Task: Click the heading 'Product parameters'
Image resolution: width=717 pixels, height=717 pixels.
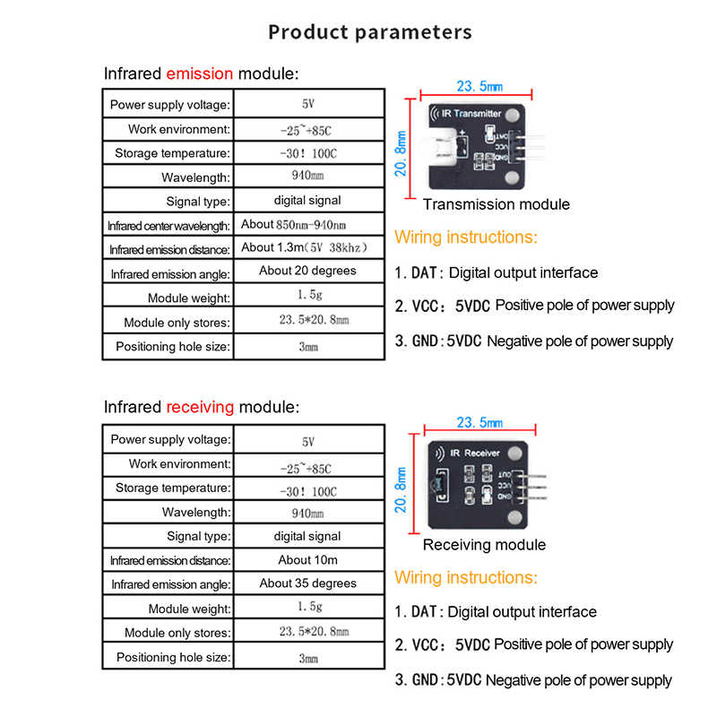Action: pyautogui.click(x=369, y=32)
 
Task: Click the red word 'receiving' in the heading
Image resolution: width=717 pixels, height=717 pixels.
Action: pyautogui.click(x=200, y=407)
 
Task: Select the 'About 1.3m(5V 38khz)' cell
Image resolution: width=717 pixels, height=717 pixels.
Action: pyautogui.click(x=306, y=247)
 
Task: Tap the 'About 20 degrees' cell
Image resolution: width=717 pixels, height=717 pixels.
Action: pyautogui.click(x=307, y=271)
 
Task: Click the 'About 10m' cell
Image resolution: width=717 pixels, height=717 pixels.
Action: pyautogui.click(x=307, y=559)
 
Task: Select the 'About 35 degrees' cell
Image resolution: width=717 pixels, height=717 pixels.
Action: pyautogui.click(x=307, y=583)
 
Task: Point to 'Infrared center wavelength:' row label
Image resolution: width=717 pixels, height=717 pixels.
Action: pyautogui.click(x=169, y=225)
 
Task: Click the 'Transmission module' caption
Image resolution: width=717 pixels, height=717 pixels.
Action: pyautogui.click(x=496, y=204)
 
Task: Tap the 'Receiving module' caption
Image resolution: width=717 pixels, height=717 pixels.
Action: pyautogui.click(x=484, y=545)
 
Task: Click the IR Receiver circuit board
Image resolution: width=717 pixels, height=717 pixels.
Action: pyautogui.click(x=475, y=484)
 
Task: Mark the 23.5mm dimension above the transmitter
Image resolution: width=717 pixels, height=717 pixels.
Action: pyautogui.click(x=479, y=87)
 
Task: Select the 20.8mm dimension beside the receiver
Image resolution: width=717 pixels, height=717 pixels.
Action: pyautogui.click(x=402, y=488)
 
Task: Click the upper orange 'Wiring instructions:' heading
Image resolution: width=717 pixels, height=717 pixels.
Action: pyautogui.click(x=466, y=238)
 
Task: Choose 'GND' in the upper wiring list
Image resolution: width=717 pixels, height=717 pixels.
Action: pyautogui.click(x=427, y=341)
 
